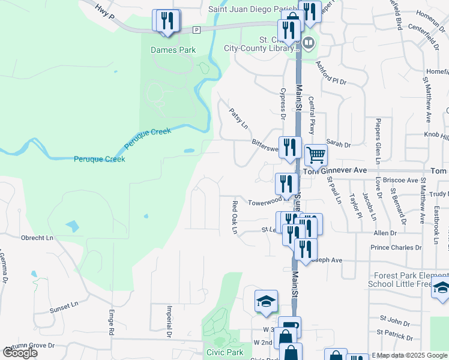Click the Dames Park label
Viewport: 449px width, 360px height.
pyautogui.click(x=173, y=50)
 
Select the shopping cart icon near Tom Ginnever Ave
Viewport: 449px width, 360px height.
pyautogui.click(x=316, y=155)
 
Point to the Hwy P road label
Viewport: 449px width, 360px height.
pyautogui.click(x=106, y=11)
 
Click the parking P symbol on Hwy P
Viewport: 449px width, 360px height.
pyautogui.click(x=196, y=29)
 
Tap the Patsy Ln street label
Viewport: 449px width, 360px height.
pyautogui.click(x=238, y=118)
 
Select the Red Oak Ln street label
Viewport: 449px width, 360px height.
pyautogui.click(x=235, y=217)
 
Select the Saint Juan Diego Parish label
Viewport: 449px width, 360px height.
pyautogui.click(x=246, y=9)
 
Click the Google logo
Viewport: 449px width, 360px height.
pyautogui.click(x=20, y=353)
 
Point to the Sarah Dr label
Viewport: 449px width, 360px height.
pyautogui.click(x=338, y=145)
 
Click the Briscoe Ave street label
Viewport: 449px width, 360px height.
pyautogui.click(x=403, y=180)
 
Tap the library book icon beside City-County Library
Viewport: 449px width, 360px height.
pyautogui.click(x=309, y=43)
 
